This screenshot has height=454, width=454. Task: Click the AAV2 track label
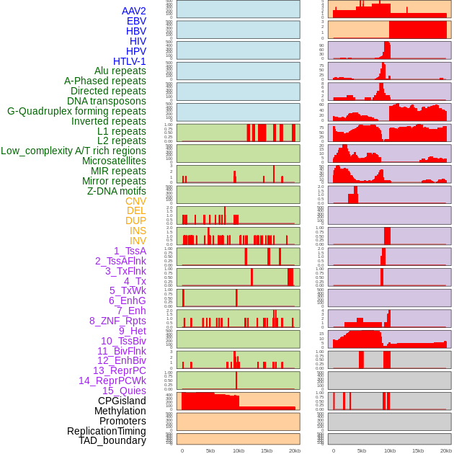tap(133, 11)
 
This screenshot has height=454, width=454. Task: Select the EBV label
tap(136, 21)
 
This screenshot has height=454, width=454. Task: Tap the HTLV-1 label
tap(129, 61)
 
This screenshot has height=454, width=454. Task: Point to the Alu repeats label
tap(120, 71)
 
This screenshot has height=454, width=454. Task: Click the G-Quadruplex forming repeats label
tap(76, 111)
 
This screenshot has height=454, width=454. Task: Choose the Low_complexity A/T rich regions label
tap(73, 151)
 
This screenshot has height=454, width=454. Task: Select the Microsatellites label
tap(114, 161)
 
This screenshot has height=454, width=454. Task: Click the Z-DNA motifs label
tap(116, 191)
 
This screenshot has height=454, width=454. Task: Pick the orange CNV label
tap(135, 201)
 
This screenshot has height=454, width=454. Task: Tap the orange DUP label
tap(135, 221)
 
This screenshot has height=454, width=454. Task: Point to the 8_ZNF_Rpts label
tap(117, 321)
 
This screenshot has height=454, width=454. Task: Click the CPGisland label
tap(122, 401)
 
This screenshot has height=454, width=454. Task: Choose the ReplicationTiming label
tap(106, 431)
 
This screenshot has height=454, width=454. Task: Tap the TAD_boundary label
tap(112, 440)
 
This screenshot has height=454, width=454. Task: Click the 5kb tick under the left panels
tap(210, 450)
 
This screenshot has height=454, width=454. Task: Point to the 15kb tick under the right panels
tap(417, 450)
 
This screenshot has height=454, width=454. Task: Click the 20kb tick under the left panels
tap(294, 450)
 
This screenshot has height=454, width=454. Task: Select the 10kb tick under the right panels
tap(389, 450)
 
